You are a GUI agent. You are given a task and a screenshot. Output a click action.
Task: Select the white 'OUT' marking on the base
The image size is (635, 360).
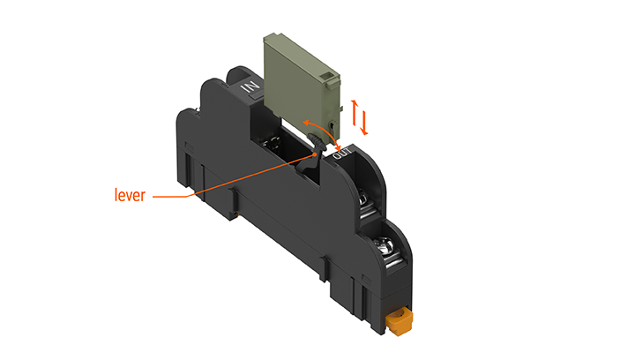pyautogui.click(x=345, y=154)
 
